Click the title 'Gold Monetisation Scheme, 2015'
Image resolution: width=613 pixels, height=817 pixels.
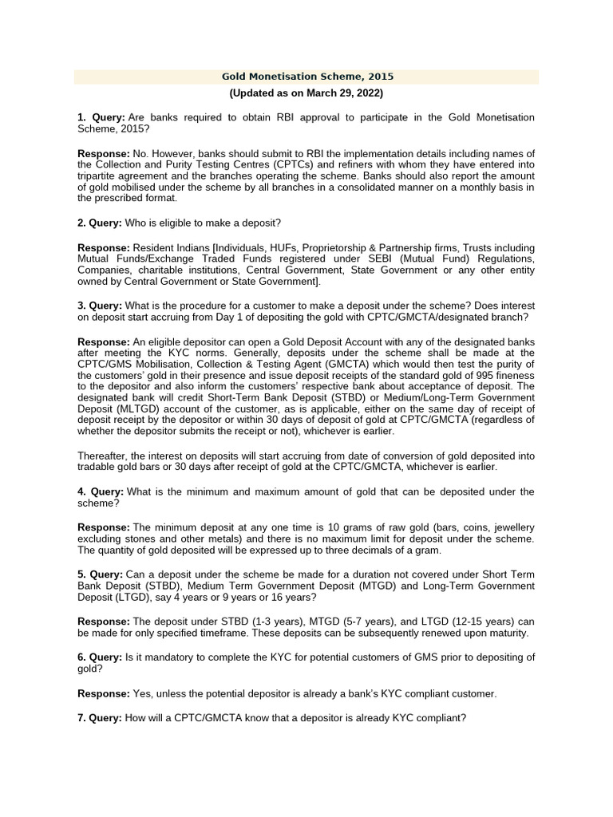tap(307, 77)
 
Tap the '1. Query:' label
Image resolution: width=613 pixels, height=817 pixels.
tap(101, 117)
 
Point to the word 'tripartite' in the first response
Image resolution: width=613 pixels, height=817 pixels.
tap(101, 176)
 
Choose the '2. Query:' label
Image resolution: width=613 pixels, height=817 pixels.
tap(101, 222)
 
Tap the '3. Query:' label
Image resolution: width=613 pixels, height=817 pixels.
tap(101, 306)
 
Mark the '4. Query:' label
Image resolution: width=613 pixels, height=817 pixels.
tap(101, 491)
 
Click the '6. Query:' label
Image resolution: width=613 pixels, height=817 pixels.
tap(101, 657)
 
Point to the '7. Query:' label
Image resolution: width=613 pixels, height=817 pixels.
tap(101, 718)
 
